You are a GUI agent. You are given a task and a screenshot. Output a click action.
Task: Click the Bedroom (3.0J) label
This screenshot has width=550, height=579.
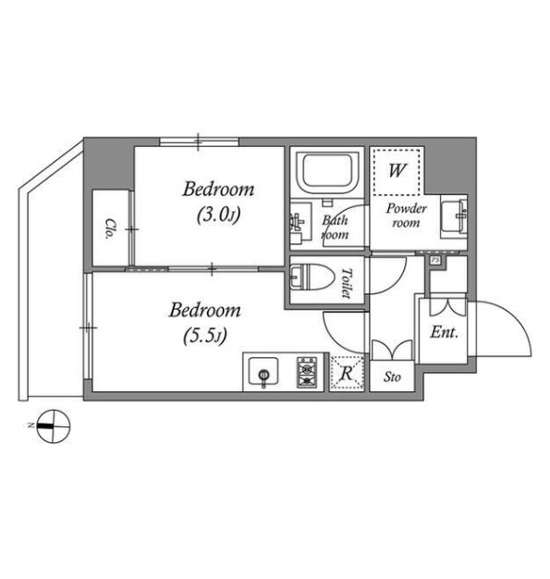218,202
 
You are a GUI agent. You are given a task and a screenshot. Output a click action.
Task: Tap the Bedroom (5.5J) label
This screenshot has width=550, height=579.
205,323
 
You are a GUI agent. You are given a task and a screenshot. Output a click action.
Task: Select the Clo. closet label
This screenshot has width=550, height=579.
110,229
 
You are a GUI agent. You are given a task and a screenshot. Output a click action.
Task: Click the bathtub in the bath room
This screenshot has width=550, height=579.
326,173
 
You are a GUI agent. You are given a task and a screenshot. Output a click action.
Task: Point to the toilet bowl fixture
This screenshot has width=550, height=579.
312,277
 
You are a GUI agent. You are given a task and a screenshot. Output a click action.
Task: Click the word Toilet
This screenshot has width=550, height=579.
346,283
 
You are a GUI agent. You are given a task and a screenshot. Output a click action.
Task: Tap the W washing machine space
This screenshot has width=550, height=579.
397,171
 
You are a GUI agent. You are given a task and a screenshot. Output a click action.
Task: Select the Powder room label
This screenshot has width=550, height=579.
406,216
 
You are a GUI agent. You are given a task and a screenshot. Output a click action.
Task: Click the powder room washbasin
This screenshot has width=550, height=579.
454,218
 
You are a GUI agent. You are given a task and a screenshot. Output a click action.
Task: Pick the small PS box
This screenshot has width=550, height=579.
435,260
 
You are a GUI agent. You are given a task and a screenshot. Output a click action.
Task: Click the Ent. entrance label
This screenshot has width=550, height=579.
444,333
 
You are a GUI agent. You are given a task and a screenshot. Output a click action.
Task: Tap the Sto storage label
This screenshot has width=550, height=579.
392,377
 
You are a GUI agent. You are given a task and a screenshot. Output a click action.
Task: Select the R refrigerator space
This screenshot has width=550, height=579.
347,373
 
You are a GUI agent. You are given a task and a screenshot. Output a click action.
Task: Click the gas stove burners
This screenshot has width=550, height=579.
307,372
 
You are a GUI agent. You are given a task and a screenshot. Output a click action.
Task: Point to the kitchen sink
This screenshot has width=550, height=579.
263,372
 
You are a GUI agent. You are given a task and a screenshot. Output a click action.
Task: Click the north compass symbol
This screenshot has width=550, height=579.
53,426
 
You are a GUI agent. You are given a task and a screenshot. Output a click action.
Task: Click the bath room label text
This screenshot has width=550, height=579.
336,228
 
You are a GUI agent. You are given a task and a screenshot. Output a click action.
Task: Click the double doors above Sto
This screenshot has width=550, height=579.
392,350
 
